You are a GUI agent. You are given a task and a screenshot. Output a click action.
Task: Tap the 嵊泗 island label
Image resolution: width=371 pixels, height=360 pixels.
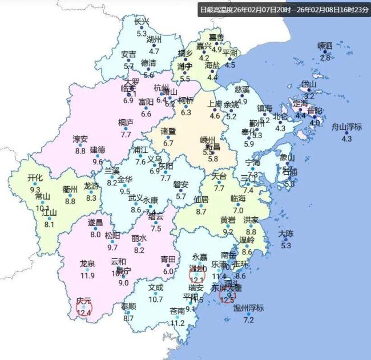tap(325, 46)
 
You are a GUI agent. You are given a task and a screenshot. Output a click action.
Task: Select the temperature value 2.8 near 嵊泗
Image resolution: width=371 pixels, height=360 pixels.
tap(325, 58)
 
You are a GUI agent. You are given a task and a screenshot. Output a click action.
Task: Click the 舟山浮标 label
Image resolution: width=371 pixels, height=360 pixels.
tap(346, 127)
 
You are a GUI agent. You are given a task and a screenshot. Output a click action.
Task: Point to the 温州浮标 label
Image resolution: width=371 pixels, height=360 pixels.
tap(248, 308)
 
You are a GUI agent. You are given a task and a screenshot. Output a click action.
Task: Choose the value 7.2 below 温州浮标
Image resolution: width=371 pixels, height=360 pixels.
tap(248, 320)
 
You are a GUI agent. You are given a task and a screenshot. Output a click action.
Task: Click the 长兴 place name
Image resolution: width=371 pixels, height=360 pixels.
tap(142, 22)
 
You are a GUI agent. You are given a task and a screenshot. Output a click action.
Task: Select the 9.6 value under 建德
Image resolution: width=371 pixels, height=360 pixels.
tap(98, 162)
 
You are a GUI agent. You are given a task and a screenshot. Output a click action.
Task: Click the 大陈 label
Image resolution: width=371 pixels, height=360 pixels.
tap(286, 233)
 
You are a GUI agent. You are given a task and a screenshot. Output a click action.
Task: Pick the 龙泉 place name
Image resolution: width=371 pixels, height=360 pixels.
tap(87, 264)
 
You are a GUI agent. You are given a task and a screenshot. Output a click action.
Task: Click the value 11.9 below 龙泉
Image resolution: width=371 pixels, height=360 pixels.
tap(87, 276)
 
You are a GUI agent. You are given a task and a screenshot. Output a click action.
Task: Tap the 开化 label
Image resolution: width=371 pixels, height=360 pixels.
tap(35, 177)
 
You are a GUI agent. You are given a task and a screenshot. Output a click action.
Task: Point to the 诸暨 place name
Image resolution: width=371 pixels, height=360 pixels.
tap(168, 132)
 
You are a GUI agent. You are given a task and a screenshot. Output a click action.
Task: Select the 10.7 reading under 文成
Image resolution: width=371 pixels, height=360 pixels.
tap(156, 300)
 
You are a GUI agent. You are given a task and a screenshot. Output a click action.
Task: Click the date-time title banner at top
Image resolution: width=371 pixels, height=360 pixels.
tap(284, 10)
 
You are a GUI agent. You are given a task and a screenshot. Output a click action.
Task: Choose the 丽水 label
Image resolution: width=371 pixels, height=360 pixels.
tap(139, 238)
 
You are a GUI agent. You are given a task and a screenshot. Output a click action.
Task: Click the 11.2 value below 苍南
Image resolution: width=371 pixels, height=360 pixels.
tap(178, 323)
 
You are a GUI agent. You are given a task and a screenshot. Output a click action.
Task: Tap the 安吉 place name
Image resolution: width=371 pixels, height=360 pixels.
tap(129, 54)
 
